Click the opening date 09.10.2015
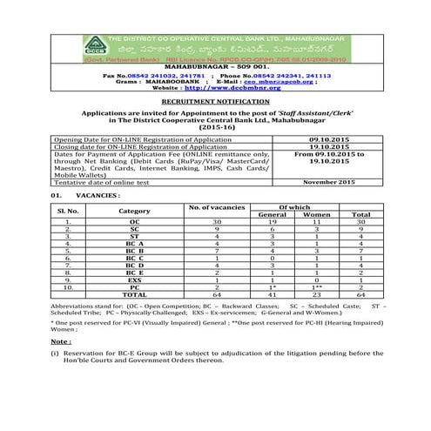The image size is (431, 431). pos(329,139)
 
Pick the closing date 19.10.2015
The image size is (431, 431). pos(329,146)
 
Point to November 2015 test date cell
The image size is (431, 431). pos(329,181)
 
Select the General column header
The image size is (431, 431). pos(273,214)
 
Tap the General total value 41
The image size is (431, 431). pos(273,293)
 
